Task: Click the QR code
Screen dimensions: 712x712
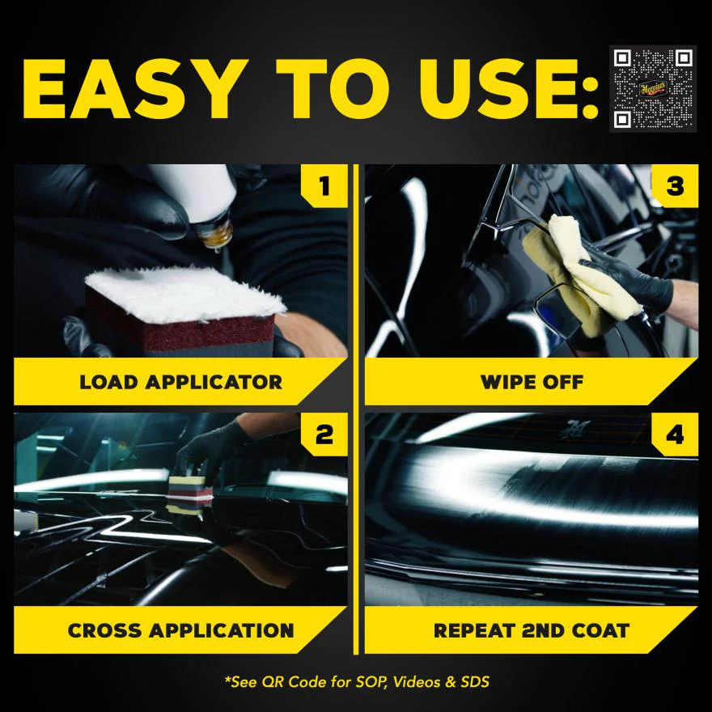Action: pos(653,88)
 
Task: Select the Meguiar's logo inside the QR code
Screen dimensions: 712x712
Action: pos(653,88)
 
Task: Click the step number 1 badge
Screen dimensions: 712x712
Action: pos(324,186)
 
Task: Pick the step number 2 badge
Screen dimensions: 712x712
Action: pos(324,434)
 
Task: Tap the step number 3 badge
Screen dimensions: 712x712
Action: pos(675,186)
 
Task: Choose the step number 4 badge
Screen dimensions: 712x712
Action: pos(675,434)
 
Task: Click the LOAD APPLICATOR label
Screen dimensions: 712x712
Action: pos(180,382)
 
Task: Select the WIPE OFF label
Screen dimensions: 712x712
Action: pos(532,382)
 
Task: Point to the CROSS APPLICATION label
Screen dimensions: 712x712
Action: pos(180,630)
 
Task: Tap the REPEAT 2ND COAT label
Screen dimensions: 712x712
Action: pos(532,630)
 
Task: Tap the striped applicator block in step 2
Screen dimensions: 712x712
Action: pos(189,494)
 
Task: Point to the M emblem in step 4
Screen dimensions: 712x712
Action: pos(575,429)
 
